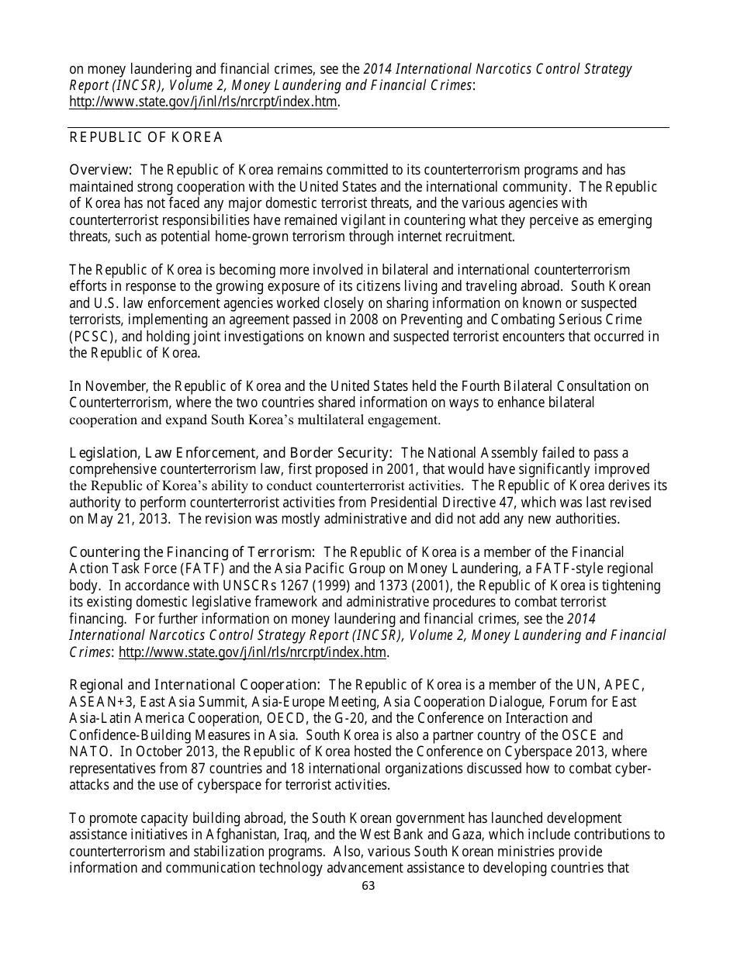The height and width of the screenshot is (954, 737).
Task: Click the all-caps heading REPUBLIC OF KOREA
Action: pyautogui.click(x=146, y=138)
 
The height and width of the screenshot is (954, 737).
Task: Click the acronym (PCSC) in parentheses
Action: pyautogui.click(x=92, y=337)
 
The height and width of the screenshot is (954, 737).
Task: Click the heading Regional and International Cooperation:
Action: pyautogui.click(x=195, y=685)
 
